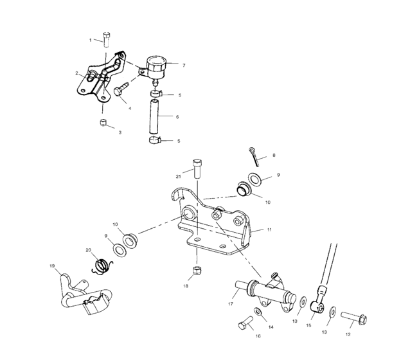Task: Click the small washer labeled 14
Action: [258, 312]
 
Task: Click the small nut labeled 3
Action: [102, 122]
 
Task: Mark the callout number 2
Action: [76, 73]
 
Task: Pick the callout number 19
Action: [51, 265]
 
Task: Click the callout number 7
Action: [184, 65]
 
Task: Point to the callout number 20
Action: [89, 250]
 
